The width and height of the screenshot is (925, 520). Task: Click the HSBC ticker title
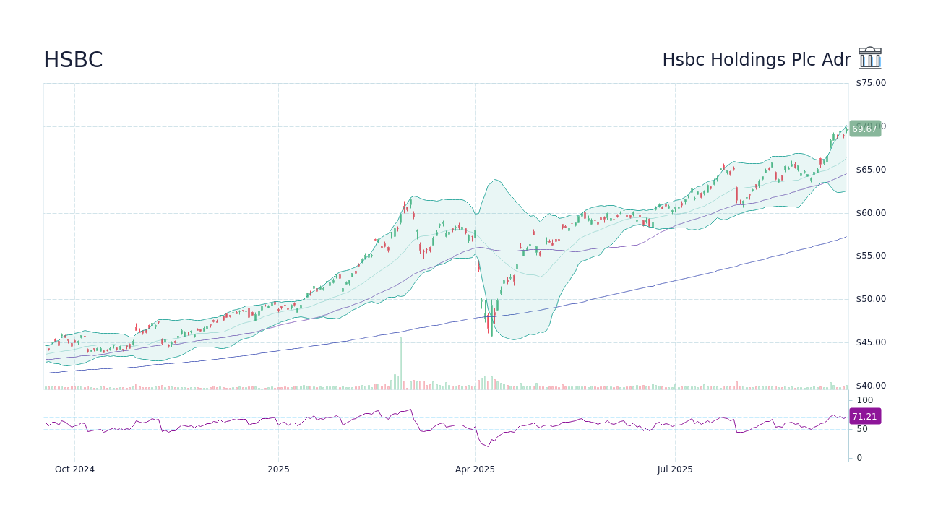[x=73, y=60]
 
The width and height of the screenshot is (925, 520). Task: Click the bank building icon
[x=870, y=58]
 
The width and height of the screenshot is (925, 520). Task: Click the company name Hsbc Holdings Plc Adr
[x=756, y=60]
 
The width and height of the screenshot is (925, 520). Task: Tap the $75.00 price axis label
[x=870, y=83]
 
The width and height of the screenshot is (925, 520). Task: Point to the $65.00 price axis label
[x=870, y=170]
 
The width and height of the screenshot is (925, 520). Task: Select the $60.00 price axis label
[x=870, y=213]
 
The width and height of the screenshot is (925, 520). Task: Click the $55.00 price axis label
[x=870, y=256]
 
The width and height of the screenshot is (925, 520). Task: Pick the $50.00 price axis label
[x=870, y=299]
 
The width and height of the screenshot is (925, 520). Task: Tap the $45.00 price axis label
[x=870, y=342]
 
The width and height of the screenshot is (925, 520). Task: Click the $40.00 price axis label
[x=870, y=386]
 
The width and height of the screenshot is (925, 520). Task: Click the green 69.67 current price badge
[x=864, y=129]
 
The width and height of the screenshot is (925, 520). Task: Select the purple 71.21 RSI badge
[x=864, y=416]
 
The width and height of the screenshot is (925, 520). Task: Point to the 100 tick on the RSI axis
[x=865, y=400]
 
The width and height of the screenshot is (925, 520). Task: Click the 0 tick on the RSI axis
[x=859, y=458]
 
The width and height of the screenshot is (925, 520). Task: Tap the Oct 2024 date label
[x=74, y=469]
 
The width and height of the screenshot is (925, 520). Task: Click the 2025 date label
[x=278, y=469]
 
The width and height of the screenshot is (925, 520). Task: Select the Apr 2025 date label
[x=475, y=469]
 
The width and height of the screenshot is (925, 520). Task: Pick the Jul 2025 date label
[x=675, y=469]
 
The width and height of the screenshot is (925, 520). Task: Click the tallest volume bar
[x=400, y=364]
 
